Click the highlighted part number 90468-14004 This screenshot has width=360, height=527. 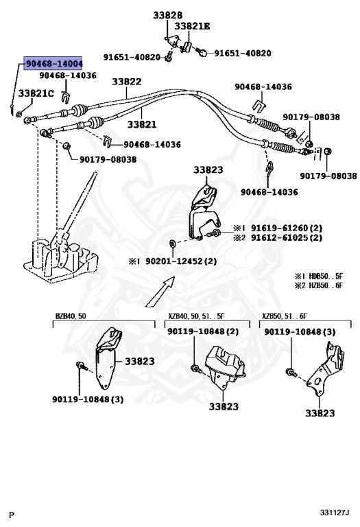53,63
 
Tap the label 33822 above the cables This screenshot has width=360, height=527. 127,82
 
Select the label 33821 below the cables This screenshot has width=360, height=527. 142,124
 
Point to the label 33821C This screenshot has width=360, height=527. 36,93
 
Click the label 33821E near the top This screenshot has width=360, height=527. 192,26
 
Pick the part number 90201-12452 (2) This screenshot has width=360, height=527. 181,261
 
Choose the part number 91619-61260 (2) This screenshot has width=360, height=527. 287,229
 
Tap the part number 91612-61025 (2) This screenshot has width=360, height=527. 287,237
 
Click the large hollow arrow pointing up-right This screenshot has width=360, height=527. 160,292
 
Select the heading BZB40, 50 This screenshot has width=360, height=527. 71,316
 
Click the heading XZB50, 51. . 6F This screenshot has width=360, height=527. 285,316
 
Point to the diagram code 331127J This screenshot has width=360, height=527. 335,513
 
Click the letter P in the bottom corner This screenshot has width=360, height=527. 12,515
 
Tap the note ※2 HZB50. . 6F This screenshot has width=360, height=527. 319,285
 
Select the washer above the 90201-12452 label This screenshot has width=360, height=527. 172,243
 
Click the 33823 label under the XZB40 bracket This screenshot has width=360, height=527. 224,406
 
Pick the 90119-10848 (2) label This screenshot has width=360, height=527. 203,331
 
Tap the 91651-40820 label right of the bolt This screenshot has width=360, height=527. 243,53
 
